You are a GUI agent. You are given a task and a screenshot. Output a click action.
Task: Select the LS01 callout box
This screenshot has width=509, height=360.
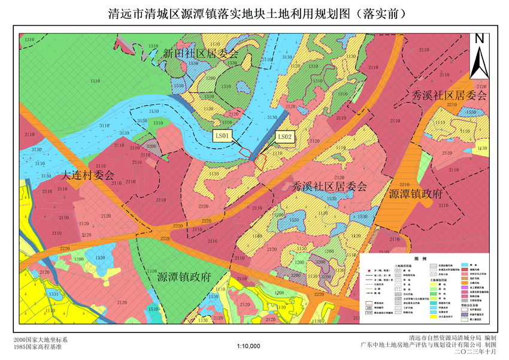[x=223, y=137]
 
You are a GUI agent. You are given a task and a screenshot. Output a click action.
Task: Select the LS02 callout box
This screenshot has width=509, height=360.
[x=285, y=137]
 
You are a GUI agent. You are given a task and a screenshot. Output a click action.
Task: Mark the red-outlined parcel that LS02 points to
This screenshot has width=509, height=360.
[x=260, y=160]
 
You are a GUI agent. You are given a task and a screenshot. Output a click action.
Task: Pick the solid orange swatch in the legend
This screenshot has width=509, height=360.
[x=465, y=282]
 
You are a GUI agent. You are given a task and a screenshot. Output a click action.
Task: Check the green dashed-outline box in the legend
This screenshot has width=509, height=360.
[x=465, y=320]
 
